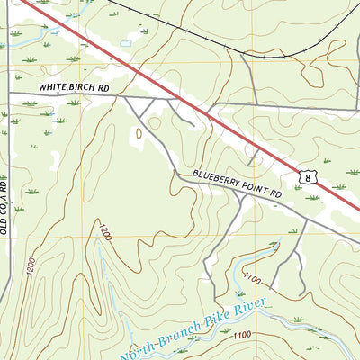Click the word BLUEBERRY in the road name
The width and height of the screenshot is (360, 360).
[x=217, y=182]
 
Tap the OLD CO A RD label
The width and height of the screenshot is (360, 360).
[x=4, y=206]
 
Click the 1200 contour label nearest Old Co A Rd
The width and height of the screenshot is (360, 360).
[x=31, y=265]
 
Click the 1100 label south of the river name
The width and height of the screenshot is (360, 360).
[x=241, y=336]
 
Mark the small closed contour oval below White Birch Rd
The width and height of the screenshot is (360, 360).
[x=139, y=134]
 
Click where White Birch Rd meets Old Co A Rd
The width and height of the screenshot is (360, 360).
[x=9, y=93]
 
